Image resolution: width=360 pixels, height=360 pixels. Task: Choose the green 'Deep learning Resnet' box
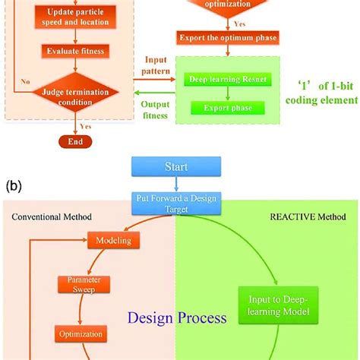click(x=220, y=78)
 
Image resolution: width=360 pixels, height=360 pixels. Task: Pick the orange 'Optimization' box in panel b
click(x=80, y=333)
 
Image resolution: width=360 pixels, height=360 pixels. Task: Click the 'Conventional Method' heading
click(x=52, y=217)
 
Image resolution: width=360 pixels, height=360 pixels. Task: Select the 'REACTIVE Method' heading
click(x=307, y=216)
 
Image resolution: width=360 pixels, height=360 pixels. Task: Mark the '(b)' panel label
click(x=14, y=184)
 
